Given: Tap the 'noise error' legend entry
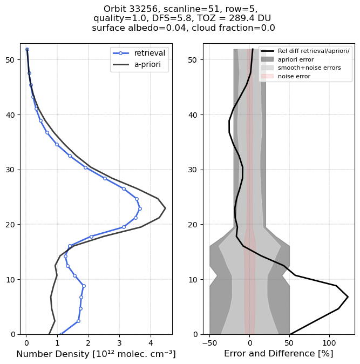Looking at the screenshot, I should pos(294,77).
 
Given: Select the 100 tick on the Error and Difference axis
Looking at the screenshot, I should pos(329,343).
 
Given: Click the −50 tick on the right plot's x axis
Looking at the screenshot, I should pos(209,343).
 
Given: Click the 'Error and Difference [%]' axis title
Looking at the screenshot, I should pos(279,354).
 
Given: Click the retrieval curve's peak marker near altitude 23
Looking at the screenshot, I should pos(140,208).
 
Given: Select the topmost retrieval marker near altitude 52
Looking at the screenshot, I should pos(27,50).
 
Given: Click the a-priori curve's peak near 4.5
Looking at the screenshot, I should pos(165,208).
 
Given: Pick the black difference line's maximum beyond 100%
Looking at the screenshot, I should pos(348,296).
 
